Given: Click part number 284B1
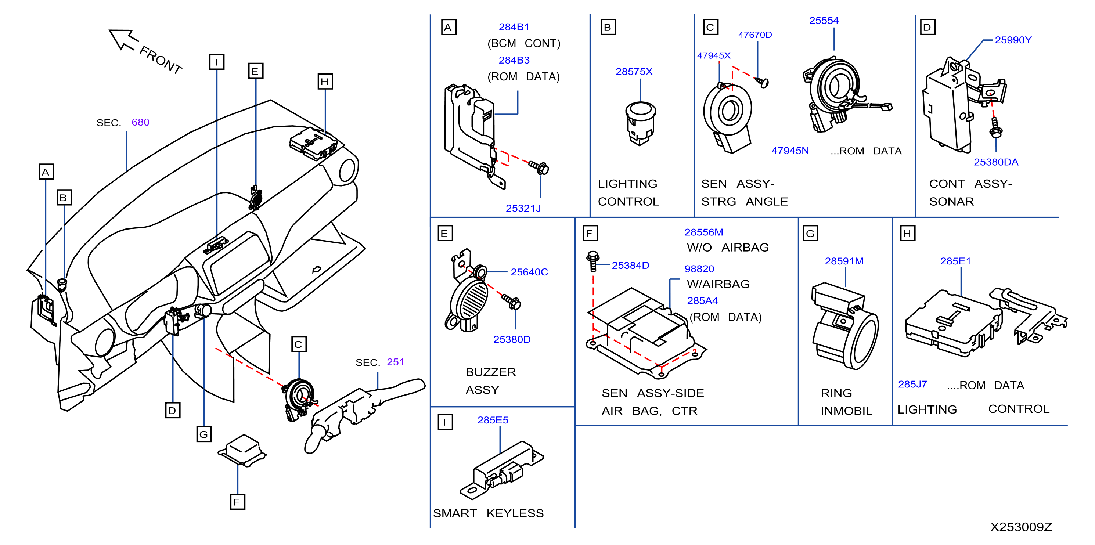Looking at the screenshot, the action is pos(514,27).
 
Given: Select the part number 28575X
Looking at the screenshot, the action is pos(634,71).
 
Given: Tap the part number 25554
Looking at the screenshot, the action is pos(824,21).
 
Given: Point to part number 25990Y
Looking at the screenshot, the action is pos(1013,40).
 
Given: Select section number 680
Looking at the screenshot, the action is pos(140,122).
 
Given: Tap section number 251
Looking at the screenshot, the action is pos(395,362).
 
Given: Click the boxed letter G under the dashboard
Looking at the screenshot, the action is pos(204,434).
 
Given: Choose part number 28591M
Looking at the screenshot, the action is pos(844,261).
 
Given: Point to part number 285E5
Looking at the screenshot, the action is pos(493,420).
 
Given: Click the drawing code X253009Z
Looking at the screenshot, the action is pos(1021,527).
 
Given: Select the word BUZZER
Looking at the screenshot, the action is pos(490,372).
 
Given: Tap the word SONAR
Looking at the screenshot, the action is pos(951,202).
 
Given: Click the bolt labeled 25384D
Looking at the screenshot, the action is pos(593,261).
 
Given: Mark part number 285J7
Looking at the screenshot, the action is pos(912,384).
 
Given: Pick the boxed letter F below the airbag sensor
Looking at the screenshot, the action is pos(237,502).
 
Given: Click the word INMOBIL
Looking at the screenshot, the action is pos(846,411).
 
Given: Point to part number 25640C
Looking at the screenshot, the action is pos(529,272).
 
